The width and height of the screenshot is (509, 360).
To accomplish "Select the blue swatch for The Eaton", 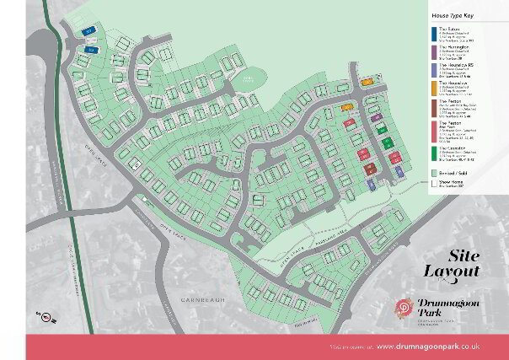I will click(431, 32).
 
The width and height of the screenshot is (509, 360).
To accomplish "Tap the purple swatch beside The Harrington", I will click(431, 51).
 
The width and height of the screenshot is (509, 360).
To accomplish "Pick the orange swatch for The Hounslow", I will click(431, 88).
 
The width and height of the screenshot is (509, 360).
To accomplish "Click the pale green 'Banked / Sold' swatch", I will click(431, 169).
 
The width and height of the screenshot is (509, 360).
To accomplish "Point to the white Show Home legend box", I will click(431, 180).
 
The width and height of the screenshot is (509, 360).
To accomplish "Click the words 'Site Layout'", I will click(463, 263).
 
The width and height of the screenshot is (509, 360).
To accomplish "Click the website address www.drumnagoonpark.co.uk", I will click(428, 347).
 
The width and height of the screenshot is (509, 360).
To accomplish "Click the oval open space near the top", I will click(246, 78).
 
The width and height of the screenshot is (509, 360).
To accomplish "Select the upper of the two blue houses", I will click(88, 31).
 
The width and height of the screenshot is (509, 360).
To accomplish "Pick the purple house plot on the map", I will click(377, 117).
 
